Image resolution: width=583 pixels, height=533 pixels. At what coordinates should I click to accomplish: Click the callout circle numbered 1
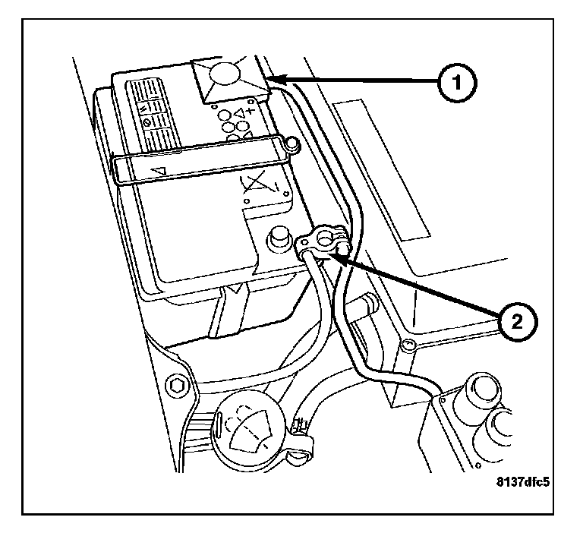pyautogui.click(x=455, y=80)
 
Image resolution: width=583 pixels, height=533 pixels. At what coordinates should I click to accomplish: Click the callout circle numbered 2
pyautogui.click(x=516, y=322)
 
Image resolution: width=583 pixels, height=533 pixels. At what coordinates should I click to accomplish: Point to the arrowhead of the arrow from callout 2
pyautogui.click(x=327, y=256)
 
